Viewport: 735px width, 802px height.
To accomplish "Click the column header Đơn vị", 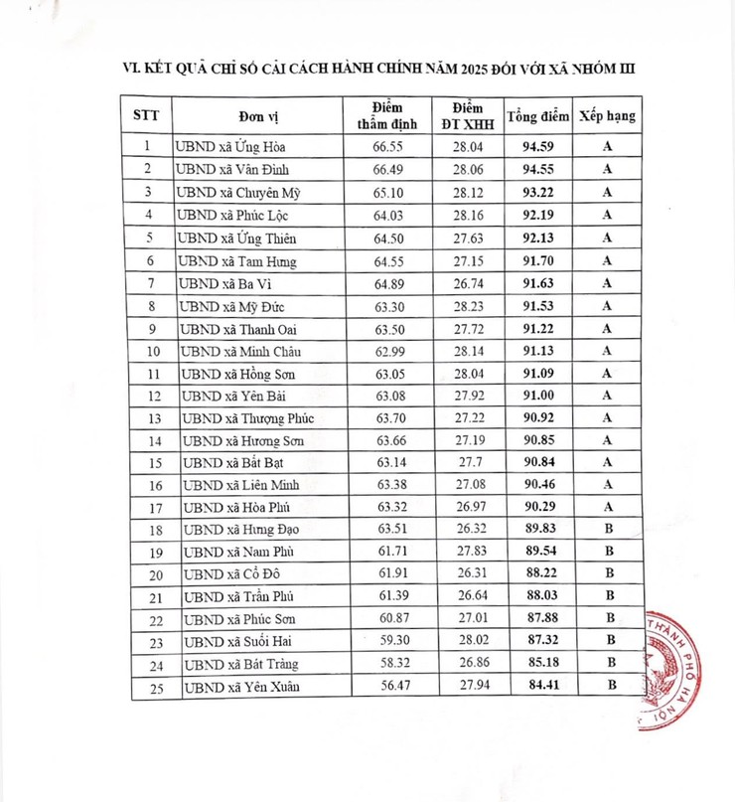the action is click(257, 115).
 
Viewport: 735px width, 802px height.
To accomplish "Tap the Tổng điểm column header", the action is click(538, 115).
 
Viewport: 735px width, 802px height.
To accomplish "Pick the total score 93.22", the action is click(538, 192).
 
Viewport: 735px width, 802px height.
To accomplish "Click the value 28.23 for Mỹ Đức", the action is click(467, 306).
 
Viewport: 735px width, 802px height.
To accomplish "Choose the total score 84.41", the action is click(538, 685).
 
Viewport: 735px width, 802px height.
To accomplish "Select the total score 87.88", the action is click(538, 618).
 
